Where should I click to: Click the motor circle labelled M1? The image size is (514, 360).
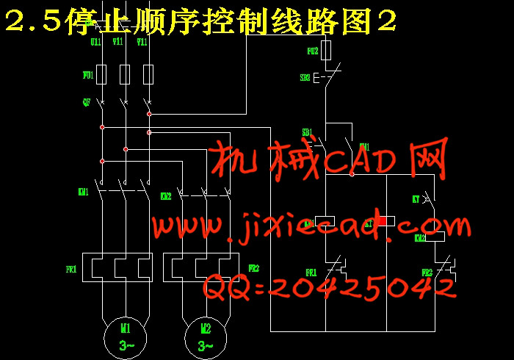coord(126,335)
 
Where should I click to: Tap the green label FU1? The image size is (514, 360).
coord(87,75)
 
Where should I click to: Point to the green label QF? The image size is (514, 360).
coord(87,102)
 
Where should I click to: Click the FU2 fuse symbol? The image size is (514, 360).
coord(327,51)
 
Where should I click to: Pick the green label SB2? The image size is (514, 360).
coord(305,76)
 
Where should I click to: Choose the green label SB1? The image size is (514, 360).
coord(307,132)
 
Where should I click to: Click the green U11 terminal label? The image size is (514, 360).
coord(95,42)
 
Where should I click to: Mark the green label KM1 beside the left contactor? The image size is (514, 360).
coord(83,192)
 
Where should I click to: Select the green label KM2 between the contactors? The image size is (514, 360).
coord(166,196)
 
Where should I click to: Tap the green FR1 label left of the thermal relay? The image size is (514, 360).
coord(71,270)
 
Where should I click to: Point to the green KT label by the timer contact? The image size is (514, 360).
coord(416,199)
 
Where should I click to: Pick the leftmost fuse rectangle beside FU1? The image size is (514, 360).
coord(102,73)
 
